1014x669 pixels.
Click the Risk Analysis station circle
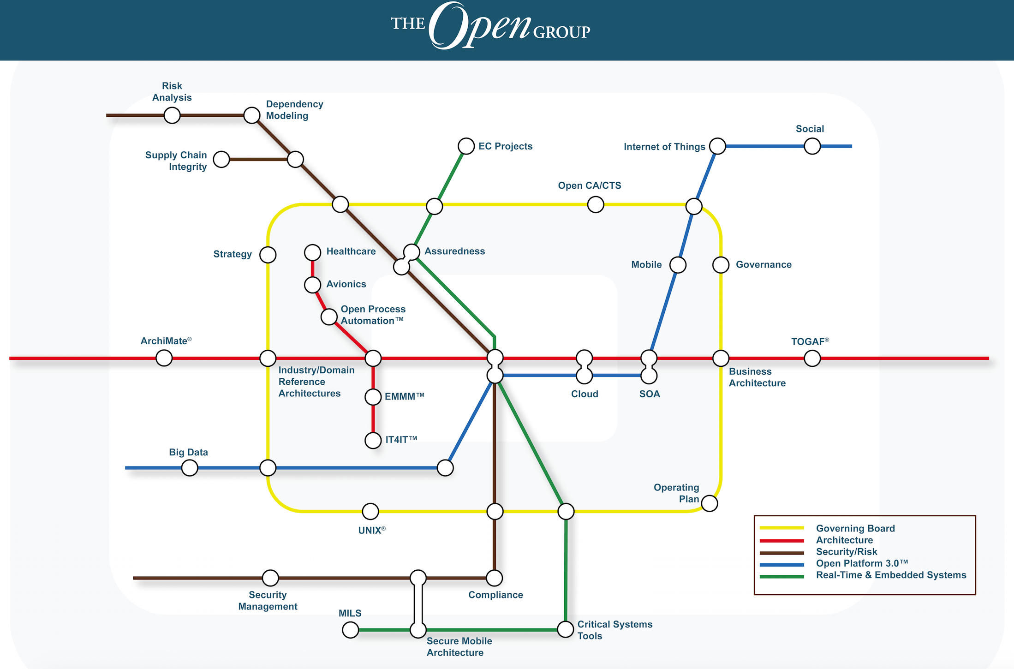point(172,115)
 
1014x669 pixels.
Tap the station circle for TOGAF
point(812,358)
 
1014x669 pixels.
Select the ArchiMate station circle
point(164,358)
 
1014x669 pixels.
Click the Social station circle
point(812,146)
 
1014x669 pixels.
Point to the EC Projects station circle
point(466,146)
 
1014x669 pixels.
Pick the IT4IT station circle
point(373,440)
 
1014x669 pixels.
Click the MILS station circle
point(350,629)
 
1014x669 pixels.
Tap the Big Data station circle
point(190,468)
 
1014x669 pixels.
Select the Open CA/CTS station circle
point(596,204)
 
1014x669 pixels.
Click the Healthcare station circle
point(312,252)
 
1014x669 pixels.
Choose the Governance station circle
point(721,265)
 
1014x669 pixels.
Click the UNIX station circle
point(370,511)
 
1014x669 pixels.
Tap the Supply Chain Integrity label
point(176,161)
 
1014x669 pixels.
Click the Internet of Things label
point(664,147)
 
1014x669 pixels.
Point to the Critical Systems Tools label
point(614,630)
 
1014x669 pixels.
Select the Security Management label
point(268,601)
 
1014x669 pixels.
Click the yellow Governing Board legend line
point(781,528)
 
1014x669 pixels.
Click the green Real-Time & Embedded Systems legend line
point(781,576)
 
